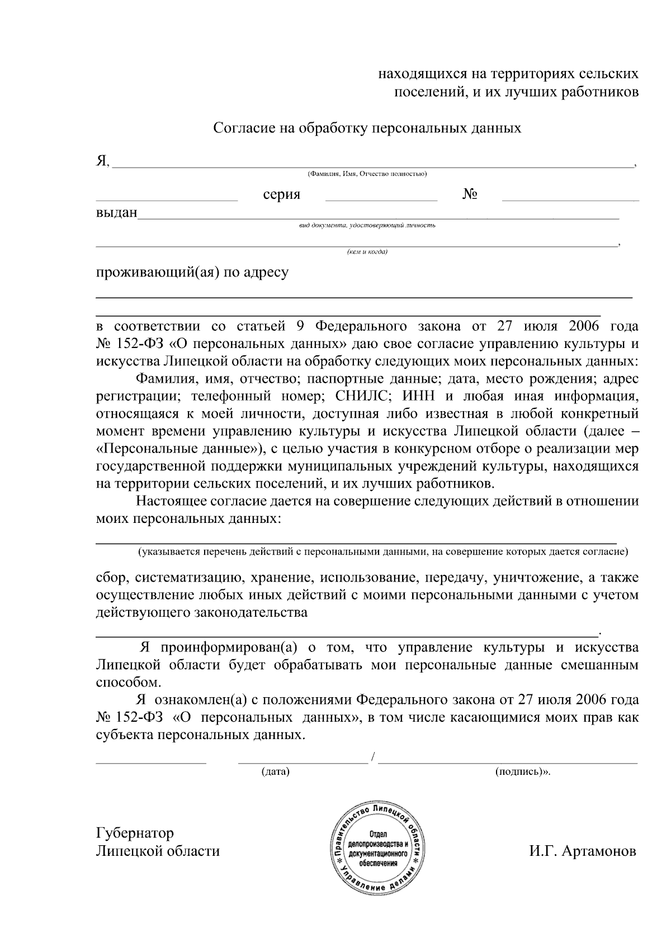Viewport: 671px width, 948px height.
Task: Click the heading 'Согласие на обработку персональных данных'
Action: [x=367, y=128]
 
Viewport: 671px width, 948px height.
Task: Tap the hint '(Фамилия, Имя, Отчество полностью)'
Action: [x=367, y=174]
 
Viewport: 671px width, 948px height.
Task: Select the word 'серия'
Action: [x=281, y=194]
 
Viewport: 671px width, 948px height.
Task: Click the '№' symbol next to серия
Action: [x=470, y=194]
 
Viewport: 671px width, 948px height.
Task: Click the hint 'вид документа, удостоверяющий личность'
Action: [x=367, y=226]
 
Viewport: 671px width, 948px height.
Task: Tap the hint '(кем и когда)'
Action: [x=367, y=252]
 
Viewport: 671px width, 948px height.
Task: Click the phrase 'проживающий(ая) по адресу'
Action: [x=192, y=273]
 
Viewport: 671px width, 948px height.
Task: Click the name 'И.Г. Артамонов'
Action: [x=582, y=851]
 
